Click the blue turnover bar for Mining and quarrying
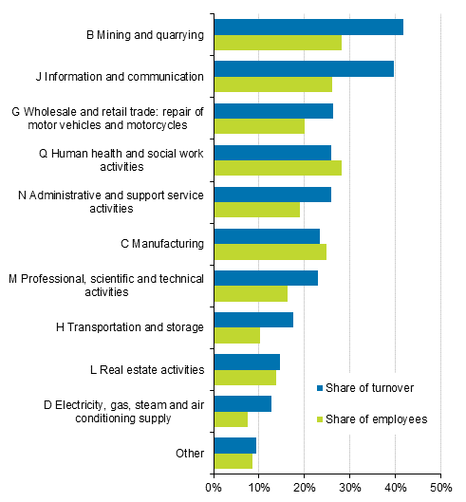(x=308, y=27)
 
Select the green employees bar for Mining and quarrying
(x=277, y=43)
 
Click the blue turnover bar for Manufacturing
(x=267, y=235)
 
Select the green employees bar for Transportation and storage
(x=236, y=335)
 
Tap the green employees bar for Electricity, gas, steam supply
(x=231, y=419)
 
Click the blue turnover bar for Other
(x=234, y=445)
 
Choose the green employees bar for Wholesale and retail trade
(x=259, y=126)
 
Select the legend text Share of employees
(x=376, y=418)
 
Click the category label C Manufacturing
(x=162, y=244)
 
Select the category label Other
(x=190, y=453)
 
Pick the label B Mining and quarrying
(x=145, y=35)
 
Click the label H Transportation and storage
(x=130, y=327)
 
